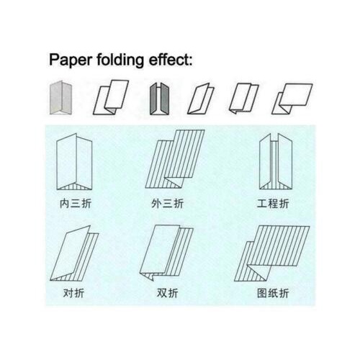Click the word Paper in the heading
[71, 60]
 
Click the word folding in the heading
[120, 60]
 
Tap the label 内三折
[76, 204]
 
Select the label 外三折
[167, 204]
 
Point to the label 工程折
[273, 204]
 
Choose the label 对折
[73, 293]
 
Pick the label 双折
[167, 293]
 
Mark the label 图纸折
[273, 293]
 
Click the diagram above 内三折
[74, 162]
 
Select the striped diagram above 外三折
[175, 159]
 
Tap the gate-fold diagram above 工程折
[276, 161]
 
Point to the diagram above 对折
[74, 253]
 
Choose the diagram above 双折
[166, 253]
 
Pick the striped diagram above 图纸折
[271, 253]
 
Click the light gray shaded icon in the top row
[61, 98]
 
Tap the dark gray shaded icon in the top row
[159, 99]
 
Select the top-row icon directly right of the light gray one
[111, 97]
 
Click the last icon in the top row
[292, 99]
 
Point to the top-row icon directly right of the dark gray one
[201, 99]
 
